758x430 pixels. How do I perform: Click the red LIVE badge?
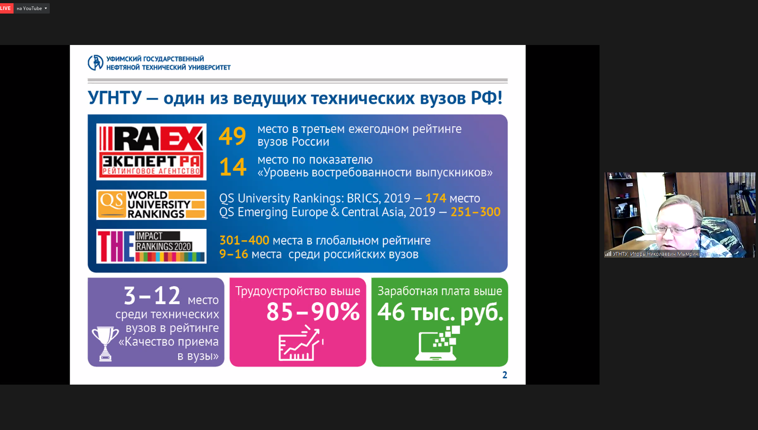6,8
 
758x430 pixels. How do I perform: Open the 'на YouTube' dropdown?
32,8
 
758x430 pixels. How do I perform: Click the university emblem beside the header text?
96,63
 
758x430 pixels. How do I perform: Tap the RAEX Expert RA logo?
151,152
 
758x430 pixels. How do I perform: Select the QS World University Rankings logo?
151,205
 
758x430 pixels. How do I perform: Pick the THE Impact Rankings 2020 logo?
151,246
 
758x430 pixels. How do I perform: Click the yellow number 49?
232,136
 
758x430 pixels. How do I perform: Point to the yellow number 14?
233,167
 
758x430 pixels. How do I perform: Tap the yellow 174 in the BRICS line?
436,198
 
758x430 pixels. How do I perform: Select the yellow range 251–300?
475,212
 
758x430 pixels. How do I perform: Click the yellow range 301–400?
244,240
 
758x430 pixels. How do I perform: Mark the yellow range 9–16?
234,254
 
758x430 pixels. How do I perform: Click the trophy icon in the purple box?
105,344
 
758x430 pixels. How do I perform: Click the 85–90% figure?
313,312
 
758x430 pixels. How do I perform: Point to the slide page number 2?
505,375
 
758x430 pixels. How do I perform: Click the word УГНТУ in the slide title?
115,98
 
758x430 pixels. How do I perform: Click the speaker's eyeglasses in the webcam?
676,229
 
